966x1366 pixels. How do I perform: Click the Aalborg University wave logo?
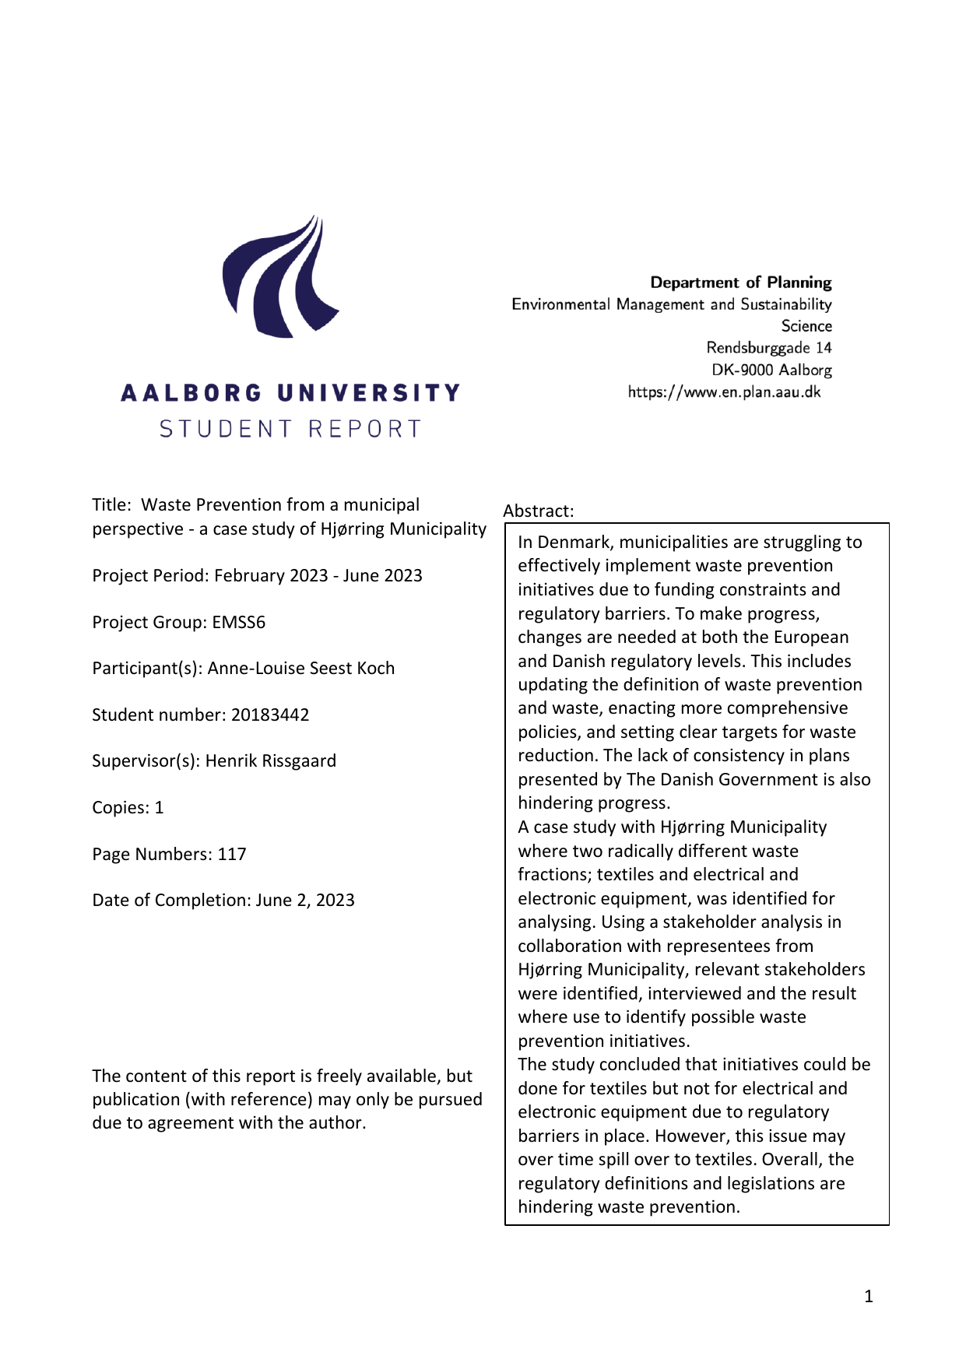(x=280, y=277)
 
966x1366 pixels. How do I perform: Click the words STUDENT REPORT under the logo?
(x=290, y=429)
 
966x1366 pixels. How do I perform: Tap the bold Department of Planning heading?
(x=740, y=283)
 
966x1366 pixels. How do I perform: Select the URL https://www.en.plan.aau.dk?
(x=724, y=392)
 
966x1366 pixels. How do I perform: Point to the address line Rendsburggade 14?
(x=768, y=348)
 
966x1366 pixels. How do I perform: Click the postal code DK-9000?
(x=743, y=370)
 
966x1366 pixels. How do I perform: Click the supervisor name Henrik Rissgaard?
(x=270, y=760)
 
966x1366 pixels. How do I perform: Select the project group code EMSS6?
(x=238, y=622)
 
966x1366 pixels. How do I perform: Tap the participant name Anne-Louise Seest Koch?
(x=300, y=668)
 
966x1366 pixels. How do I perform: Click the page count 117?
(x=231, y=854)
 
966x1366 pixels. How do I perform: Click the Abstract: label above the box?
(x=538, y=511)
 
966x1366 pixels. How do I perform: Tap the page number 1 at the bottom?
(x=869, y=1296)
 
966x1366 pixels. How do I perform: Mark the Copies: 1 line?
(x=128, y=807)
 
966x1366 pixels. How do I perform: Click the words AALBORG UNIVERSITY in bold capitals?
(x=290, y=393)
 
